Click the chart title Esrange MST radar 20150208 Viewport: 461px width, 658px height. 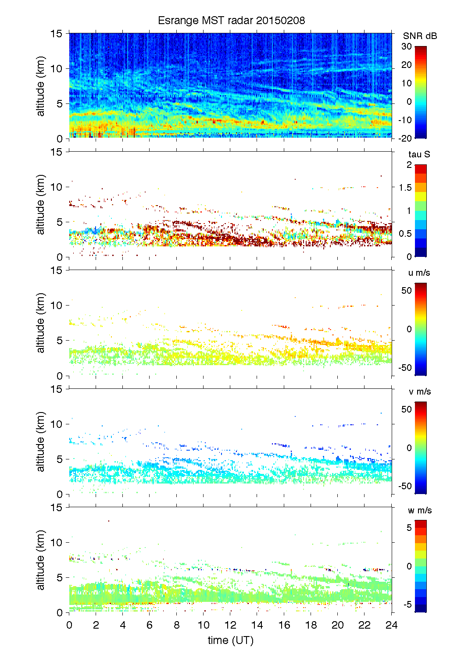coord(231,21)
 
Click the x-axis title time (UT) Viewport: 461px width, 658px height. coord(230,640)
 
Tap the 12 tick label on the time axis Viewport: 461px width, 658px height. coord(230,625)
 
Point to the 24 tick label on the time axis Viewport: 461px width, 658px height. coord(391,625)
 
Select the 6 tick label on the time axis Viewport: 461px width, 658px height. coord(150,625)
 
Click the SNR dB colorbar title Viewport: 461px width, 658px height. coord(420,36)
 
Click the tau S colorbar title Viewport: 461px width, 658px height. coord(419,154)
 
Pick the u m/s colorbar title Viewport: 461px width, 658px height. coord(419,273)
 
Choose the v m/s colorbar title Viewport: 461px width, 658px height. coord(419,391)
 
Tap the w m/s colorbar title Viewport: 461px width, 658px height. coord(420,510)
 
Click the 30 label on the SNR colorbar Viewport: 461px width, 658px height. coord(407,46)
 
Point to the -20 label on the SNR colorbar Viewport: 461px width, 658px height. coord(405,138)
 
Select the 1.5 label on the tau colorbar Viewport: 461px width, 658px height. coord(405,188)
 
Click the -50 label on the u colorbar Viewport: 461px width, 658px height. coord(405,368)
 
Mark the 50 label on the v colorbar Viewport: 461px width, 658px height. coord(407,409)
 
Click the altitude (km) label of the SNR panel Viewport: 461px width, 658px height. coord(41,86)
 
